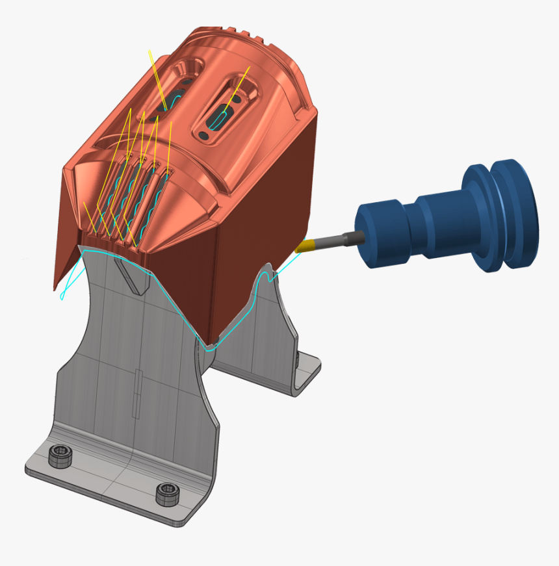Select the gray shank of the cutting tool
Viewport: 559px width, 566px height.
(339, 238)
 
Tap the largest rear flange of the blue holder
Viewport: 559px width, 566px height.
(514, 214)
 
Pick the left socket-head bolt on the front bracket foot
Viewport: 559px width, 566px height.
(60, 454)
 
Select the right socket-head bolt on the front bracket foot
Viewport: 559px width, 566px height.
(167, 493)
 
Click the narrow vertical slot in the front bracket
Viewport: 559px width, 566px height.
(138, 392)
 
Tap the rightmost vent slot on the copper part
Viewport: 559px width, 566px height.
(157, 201)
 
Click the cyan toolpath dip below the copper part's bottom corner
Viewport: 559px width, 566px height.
(209, 348)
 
